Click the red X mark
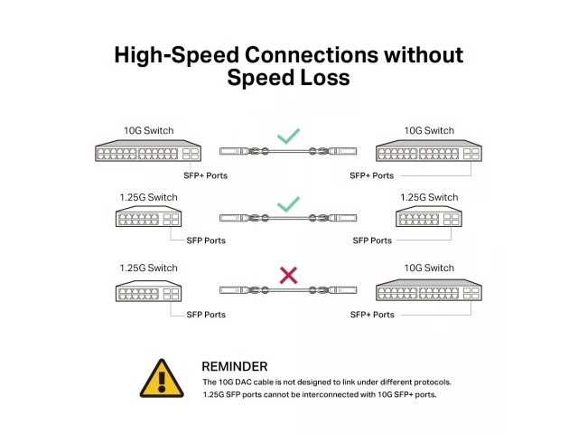(288, 275)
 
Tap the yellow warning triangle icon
(162, 379)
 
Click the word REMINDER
(235, 366)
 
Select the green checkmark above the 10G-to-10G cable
(288, 137)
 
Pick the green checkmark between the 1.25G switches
(288, 204)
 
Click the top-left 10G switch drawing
(148, 150)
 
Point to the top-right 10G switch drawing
(429, 150)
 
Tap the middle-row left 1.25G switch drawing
(148, 216)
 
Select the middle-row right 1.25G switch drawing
(429, 216)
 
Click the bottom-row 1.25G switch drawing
(148, 291)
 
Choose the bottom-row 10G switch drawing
(429, 289)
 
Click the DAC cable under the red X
(288, 290)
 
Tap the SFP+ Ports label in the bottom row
(372, 315)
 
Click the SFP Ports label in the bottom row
(206, 315)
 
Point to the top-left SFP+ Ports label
(205, 175)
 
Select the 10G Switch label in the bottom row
(429, 268)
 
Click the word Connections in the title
(312, 55)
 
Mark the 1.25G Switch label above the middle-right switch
(429, 197)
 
